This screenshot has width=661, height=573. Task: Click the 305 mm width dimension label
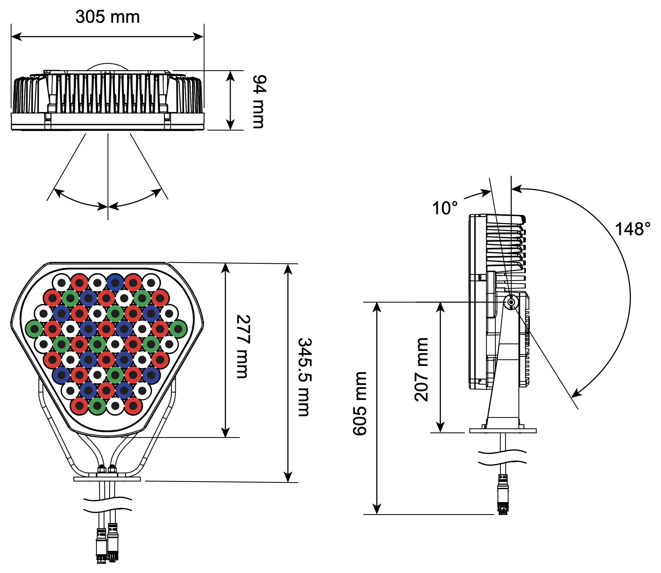107,17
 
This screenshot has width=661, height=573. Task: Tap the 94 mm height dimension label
259,101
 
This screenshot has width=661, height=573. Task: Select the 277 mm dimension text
243,347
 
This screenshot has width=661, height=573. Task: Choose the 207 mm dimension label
421,370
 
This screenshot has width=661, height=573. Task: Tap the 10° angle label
445,208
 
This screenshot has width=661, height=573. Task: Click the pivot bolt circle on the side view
511,302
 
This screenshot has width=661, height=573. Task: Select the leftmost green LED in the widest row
35,329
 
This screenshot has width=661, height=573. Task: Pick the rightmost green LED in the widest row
178,329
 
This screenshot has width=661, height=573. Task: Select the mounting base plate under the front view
107,479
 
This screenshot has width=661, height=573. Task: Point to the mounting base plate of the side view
503,431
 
